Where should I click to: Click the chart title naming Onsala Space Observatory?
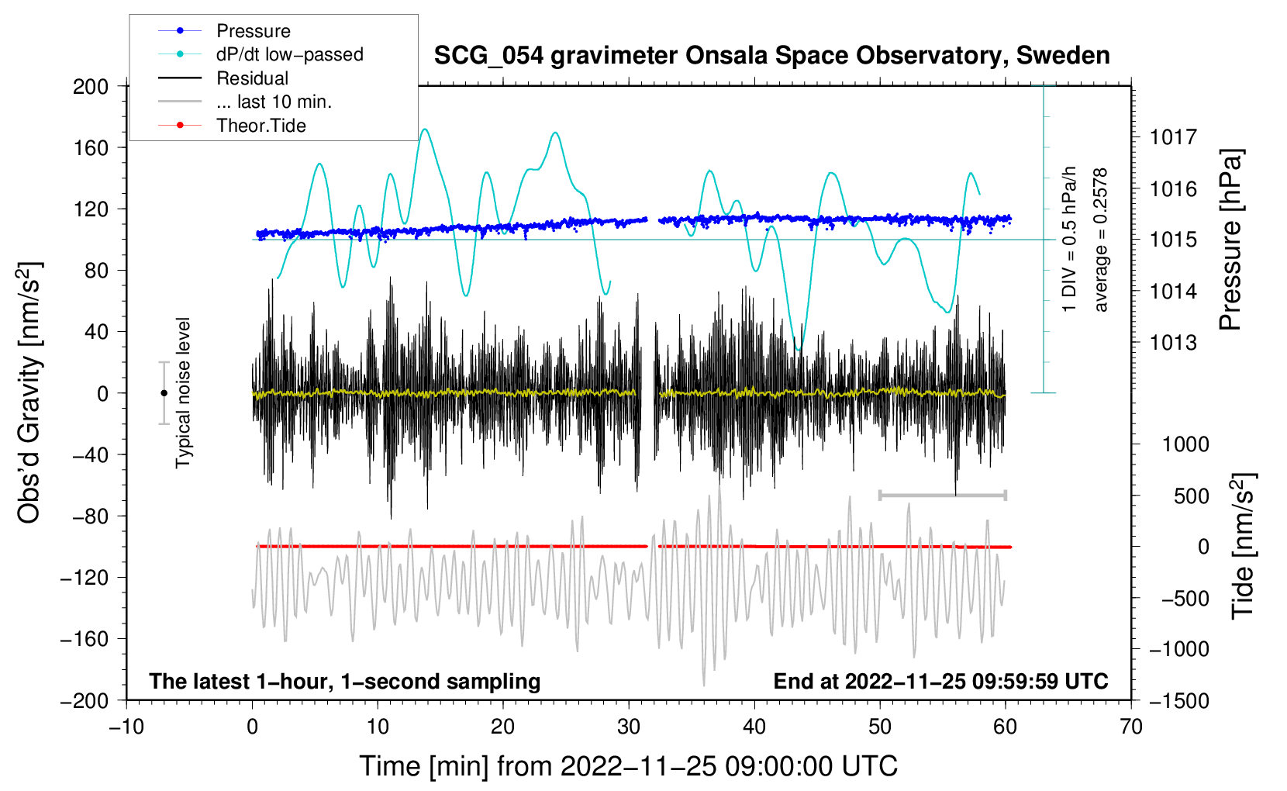771,56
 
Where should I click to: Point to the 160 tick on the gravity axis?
91,147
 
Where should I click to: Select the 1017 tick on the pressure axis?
1173,137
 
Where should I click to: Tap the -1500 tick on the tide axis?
1178,700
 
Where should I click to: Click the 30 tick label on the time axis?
629,727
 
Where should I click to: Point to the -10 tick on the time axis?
126,727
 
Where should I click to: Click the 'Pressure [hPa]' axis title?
1230,240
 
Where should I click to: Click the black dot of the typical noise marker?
164,393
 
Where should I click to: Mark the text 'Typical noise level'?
183,392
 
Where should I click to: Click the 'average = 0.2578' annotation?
1101,240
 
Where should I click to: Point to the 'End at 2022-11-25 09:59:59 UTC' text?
940,681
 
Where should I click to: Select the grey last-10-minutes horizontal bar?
942,495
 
